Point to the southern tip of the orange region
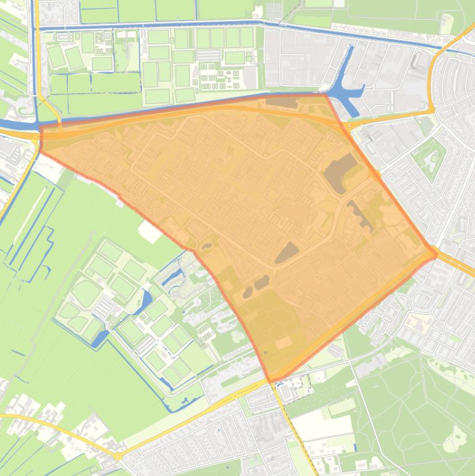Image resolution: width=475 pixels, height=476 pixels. click(x=271, y=380)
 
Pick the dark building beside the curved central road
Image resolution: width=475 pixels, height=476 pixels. click(x=287, y=252)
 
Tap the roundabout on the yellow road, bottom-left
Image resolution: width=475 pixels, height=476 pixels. click(x=117, y=456)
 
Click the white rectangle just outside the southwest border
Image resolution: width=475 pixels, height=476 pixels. click(x=150, y=231)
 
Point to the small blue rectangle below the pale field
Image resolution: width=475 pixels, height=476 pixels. click(x=355, y=447)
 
